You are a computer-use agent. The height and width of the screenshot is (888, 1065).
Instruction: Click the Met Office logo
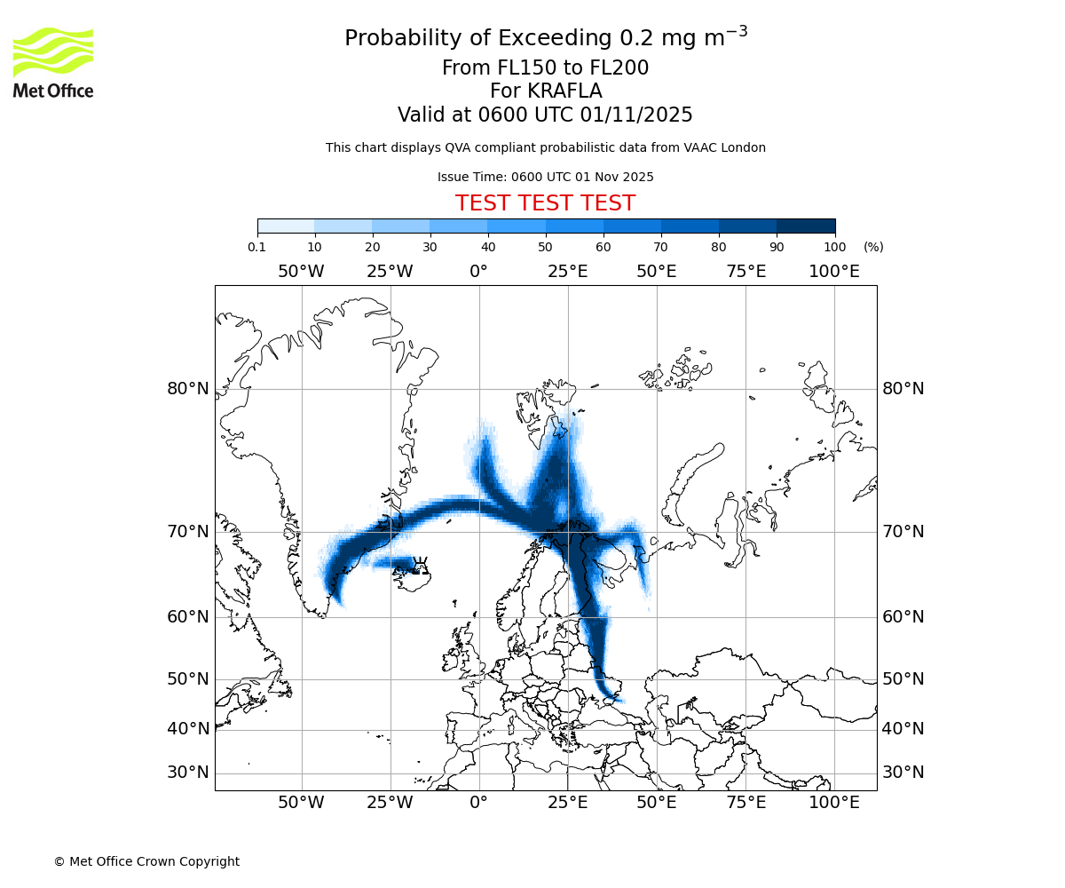pos(53,62)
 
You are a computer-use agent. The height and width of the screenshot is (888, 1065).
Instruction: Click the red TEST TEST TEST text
pos(545,203)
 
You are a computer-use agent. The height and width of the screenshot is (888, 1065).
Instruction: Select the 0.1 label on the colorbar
pos(257,247)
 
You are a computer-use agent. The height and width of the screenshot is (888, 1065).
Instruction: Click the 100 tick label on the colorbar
pos(835,247)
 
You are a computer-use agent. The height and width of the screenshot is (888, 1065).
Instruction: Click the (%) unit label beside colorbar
pos(873,247)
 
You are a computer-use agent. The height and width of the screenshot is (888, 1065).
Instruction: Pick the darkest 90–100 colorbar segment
pos(806,226)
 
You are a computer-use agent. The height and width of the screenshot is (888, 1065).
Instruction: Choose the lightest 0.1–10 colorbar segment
pos(286,226)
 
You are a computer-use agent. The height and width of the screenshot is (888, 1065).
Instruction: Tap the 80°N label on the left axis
pos(188,388)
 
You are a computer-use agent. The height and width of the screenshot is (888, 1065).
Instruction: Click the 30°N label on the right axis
pos(903,772)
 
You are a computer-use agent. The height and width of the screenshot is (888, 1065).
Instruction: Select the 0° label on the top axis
pos(479,271)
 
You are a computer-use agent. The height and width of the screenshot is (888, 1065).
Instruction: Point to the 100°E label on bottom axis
pos(834,803)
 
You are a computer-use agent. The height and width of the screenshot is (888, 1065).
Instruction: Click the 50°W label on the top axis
pos(301,271)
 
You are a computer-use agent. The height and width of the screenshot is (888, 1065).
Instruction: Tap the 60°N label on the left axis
pos(188,616)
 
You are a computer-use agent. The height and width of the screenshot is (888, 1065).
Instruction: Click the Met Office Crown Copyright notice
pos(146,861)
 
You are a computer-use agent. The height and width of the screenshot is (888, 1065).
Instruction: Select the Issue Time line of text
pos(545,177)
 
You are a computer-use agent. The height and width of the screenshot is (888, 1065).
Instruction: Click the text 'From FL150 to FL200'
pos(545,67)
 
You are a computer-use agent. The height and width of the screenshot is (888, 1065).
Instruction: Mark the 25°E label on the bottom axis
pos(568,803)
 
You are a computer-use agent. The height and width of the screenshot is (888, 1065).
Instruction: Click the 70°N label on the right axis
pos(903,531)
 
